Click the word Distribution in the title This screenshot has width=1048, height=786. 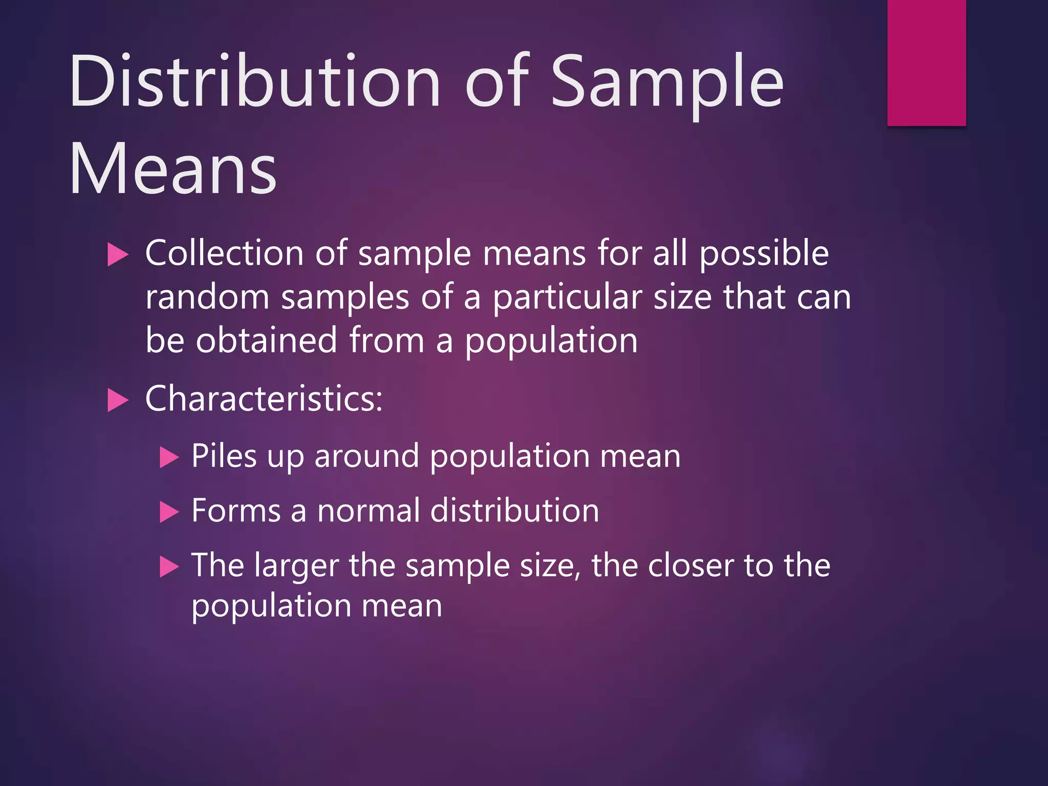point(255,82)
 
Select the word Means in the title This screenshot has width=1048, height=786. point(173,169)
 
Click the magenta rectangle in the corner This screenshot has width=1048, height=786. point(926,62)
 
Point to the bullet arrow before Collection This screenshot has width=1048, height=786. point(118,254)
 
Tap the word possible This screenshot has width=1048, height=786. point(763,255)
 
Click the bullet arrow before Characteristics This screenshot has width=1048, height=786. point(118,400)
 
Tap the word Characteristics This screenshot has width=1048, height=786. point(264,399)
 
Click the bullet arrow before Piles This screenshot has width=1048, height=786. point(169,457)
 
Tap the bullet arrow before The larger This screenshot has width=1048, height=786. point(169,566)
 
